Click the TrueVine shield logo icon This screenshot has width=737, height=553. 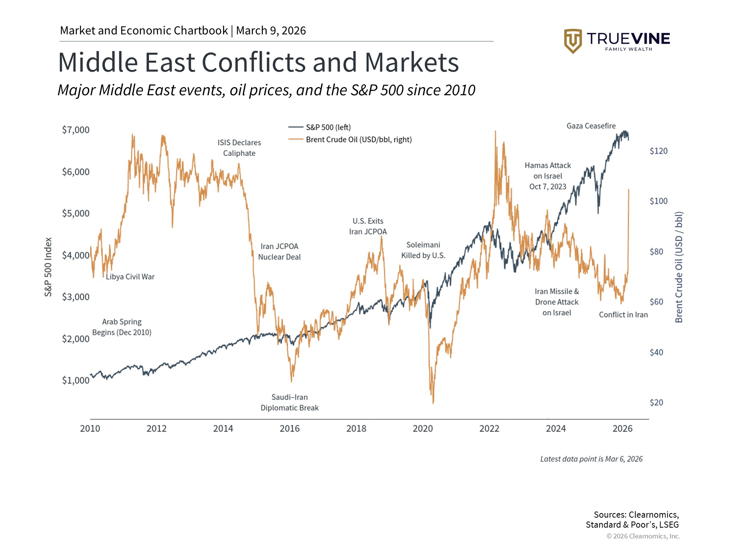(573, 41)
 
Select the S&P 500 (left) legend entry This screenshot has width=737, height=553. (328, 127)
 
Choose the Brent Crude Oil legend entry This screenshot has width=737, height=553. (359, 139)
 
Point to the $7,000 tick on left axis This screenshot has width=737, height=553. (76, 130)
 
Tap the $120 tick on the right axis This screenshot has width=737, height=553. (658, 151)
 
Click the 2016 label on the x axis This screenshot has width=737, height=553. (289, 429)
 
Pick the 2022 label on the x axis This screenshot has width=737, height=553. (489, 429)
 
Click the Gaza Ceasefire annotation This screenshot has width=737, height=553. (591, 126)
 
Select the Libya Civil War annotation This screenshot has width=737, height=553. (130, 277)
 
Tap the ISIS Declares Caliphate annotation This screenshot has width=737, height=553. (239, 148)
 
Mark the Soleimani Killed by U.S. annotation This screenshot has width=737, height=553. (423, 250)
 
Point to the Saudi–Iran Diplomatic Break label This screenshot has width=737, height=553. (289, 402)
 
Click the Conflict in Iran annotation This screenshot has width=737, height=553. (623, 315)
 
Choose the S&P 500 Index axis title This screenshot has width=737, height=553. (48, 267)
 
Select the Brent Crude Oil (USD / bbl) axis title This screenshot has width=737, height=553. (679, 267)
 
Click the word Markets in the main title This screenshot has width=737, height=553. (411, 63)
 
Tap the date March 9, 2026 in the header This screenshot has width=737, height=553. (271, 31)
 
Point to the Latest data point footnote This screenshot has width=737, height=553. (591, 459)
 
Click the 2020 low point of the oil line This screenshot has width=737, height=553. (433, 402)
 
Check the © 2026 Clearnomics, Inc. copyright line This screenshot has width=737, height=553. (643, 536)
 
